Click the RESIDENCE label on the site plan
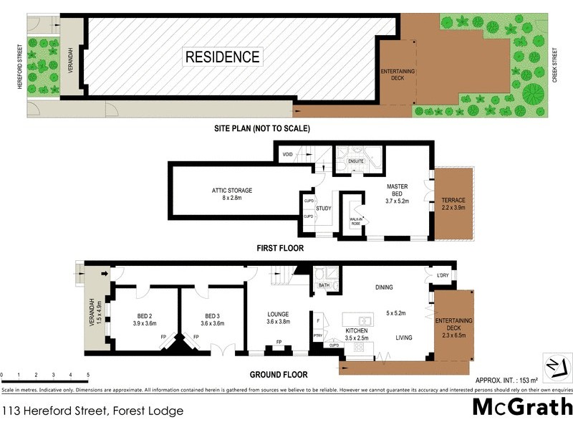(223, 57)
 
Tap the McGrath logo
(521, 407)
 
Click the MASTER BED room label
(398, 186)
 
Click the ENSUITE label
(357, 161)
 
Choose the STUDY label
(323, 209)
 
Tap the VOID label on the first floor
(287, 153)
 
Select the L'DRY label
(443, 276)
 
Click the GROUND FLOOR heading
(278, 374)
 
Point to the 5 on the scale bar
(88, 375)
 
